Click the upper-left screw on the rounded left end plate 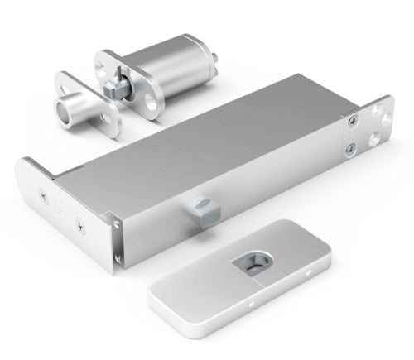[x=43, y=194]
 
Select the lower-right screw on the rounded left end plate [x=79, y=223]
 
